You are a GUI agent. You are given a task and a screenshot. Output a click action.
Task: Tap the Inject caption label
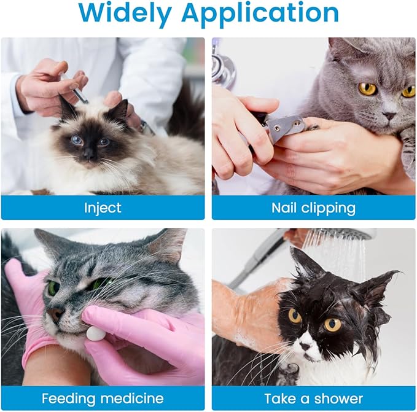(103, 208)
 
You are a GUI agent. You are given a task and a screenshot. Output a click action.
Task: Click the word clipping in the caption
(329, 208)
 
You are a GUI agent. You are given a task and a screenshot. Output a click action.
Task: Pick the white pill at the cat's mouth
(96, 333)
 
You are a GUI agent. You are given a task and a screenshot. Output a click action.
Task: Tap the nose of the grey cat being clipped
(388, 115)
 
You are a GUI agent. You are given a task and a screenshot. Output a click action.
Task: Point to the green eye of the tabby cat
(53, 287)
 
